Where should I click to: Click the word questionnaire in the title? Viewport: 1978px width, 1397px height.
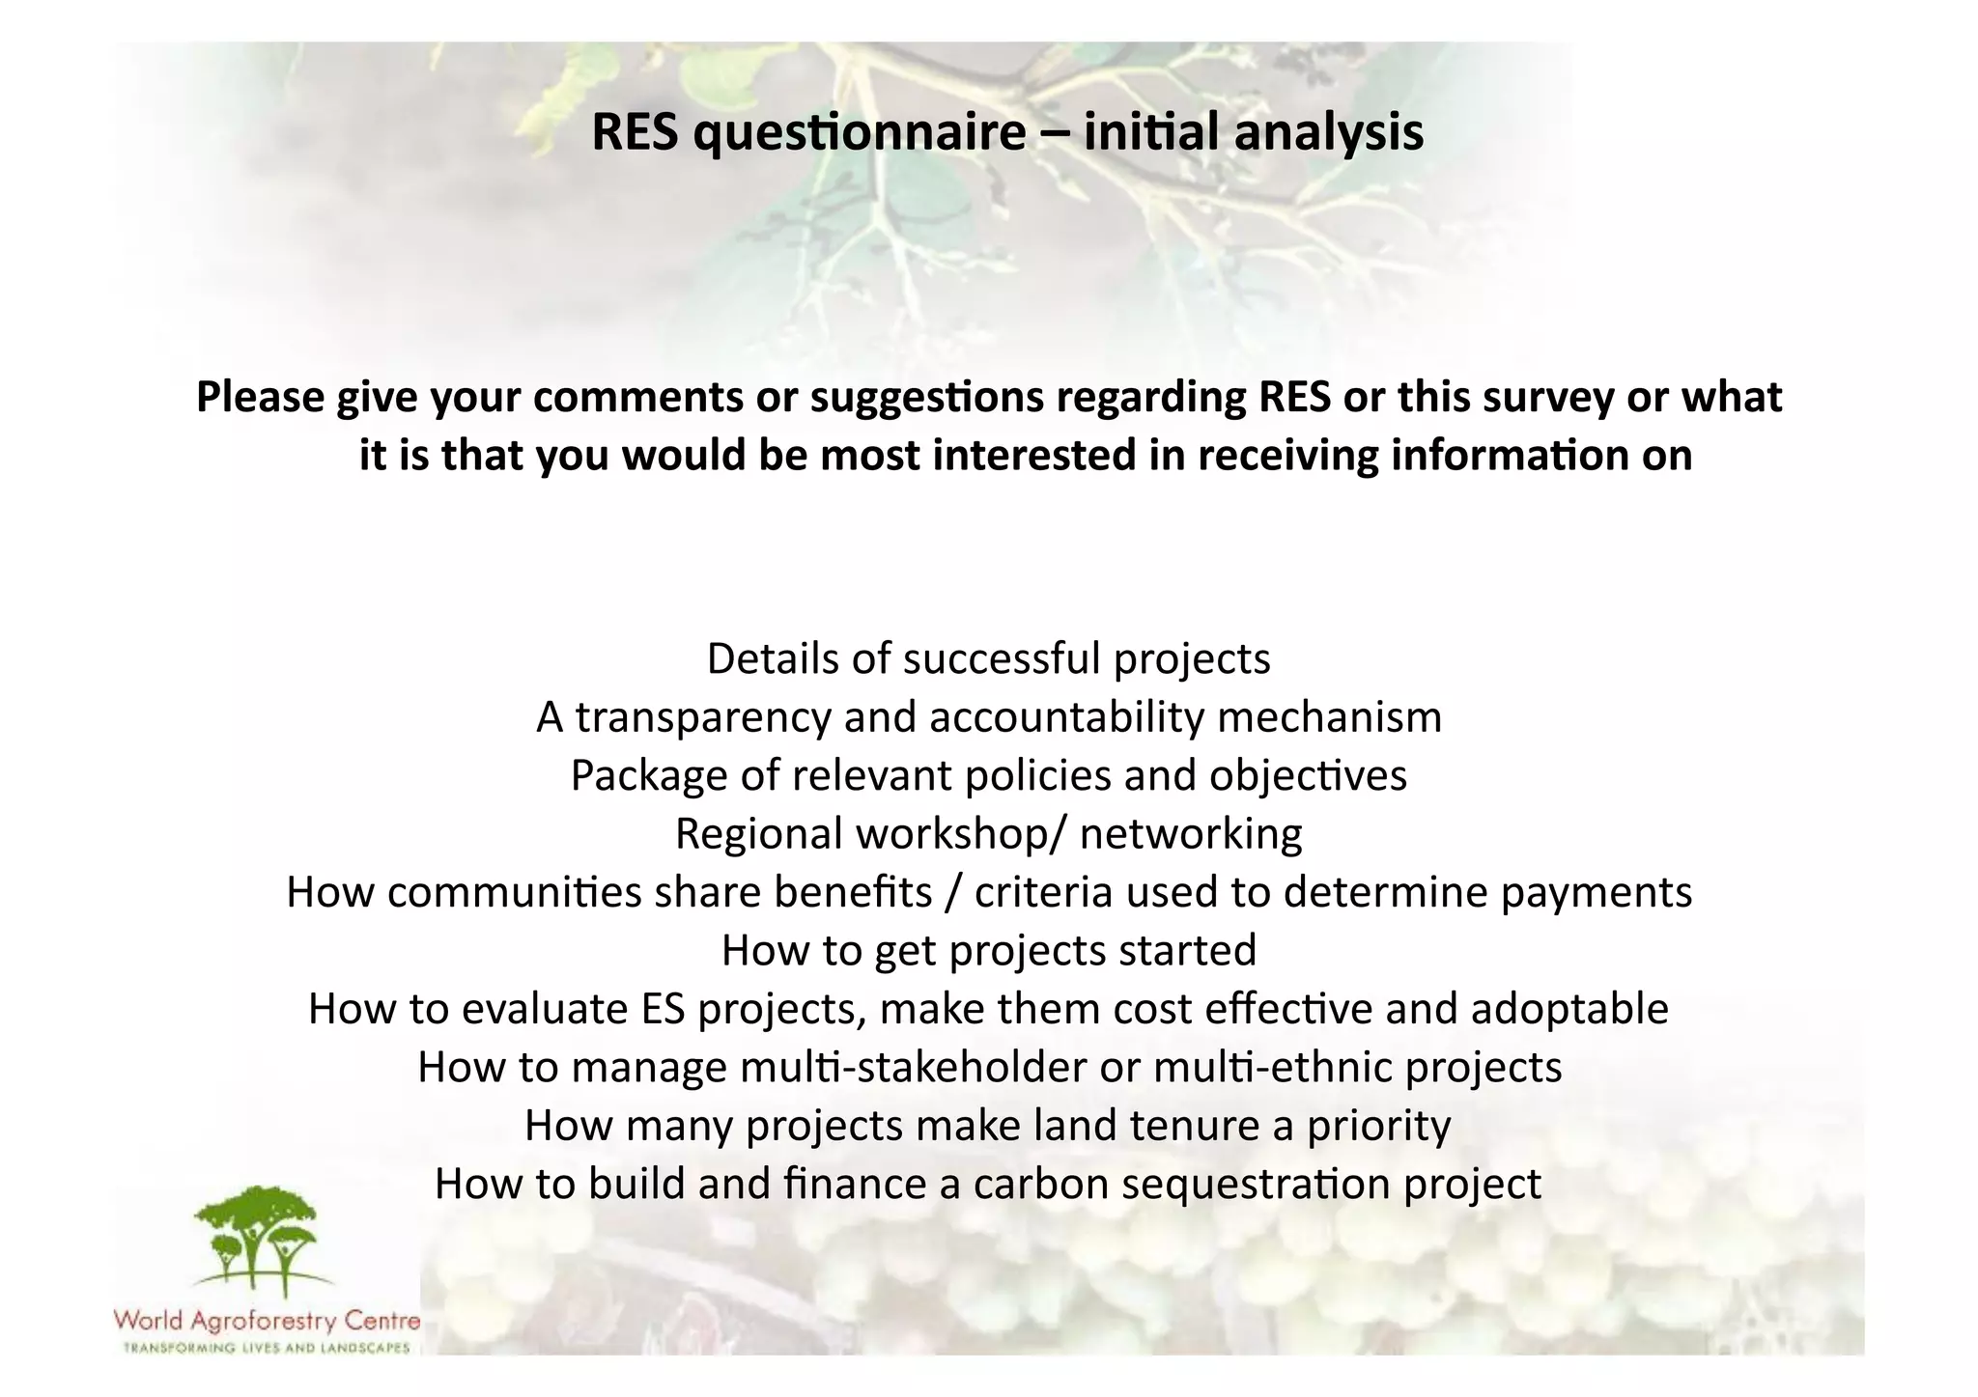[860, 133]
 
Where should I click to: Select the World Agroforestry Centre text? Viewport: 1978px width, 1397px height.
[267, 1320]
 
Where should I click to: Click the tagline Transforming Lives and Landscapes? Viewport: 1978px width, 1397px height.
[267, 1348]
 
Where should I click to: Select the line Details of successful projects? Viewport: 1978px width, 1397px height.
[988, 659]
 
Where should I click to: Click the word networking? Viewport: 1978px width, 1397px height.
[1190, 834]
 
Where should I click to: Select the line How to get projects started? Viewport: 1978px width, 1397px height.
[988, 951]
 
